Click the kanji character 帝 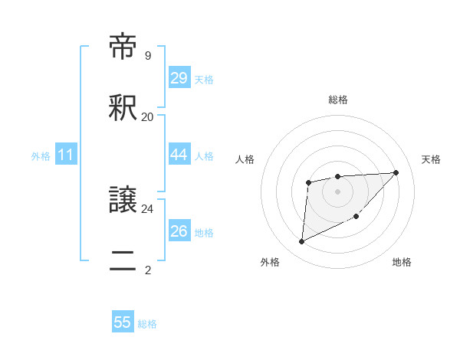[123, 47]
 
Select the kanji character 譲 [123, 201]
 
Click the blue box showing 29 [179, 78]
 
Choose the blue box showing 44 [179, 155]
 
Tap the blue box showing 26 [179, 231]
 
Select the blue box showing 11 [66, 155]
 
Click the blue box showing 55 [123, 322]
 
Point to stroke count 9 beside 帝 [147, 56]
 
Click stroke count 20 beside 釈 [147, 117]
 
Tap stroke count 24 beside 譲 [147, 208]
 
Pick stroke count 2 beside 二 [147, 270]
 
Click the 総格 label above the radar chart [337, 100]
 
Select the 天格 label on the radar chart [431, 159]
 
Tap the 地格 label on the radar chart [402, 262]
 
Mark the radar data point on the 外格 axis [301, 242]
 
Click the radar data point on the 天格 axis [396, 172]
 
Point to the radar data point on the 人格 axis [308, 182]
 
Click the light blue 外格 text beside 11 [41, 156]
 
